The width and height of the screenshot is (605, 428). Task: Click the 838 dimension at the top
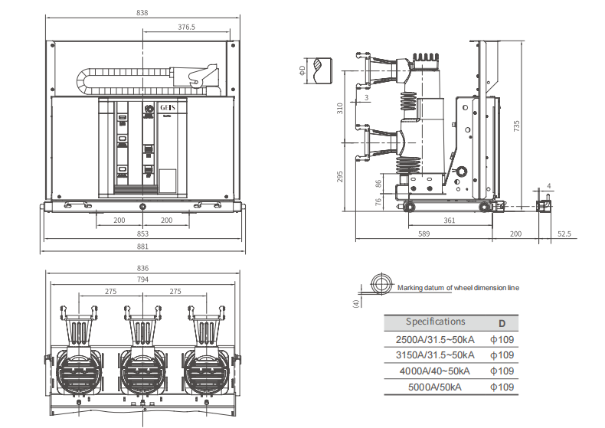(142, 12)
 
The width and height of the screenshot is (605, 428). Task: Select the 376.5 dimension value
(186, 26)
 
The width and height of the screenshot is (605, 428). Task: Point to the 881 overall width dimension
(142, 247)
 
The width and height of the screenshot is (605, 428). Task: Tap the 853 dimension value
(142, 234)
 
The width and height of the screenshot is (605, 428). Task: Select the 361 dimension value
(450, 221)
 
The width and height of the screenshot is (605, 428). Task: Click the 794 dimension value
(142, 279)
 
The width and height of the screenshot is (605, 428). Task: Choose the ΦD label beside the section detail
(302, 70)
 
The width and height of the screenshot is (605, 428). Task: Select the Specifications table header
(435, 322)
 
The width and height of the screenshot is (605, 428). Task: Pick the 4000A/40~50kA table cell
(434, 371)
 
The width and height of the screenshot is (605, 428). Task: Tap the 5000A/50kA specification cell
(434, 387)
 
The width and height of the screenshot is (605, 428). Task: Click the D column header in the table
(502, 322)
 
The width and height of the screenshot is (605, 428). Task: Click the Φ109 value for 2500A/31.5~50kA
(502, 338)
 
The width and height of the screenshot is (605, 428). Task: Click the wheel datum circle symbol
(379, 283)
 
